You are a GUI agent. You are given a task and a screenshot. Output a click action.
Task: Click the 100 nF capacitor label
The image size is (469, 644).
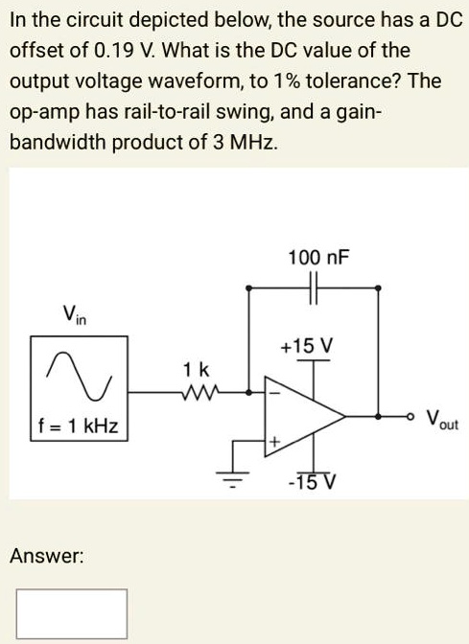(318, 259)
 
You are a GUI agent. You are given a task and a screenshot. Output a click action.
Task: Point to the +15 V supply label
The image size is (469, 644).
(307, 344)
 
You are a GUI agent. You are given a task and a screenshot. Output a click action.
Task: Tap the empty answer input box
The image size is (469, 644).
(71, 613)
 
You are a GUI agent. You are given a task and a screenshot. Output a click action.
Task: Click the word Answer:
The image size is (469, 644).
(47, 555)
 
